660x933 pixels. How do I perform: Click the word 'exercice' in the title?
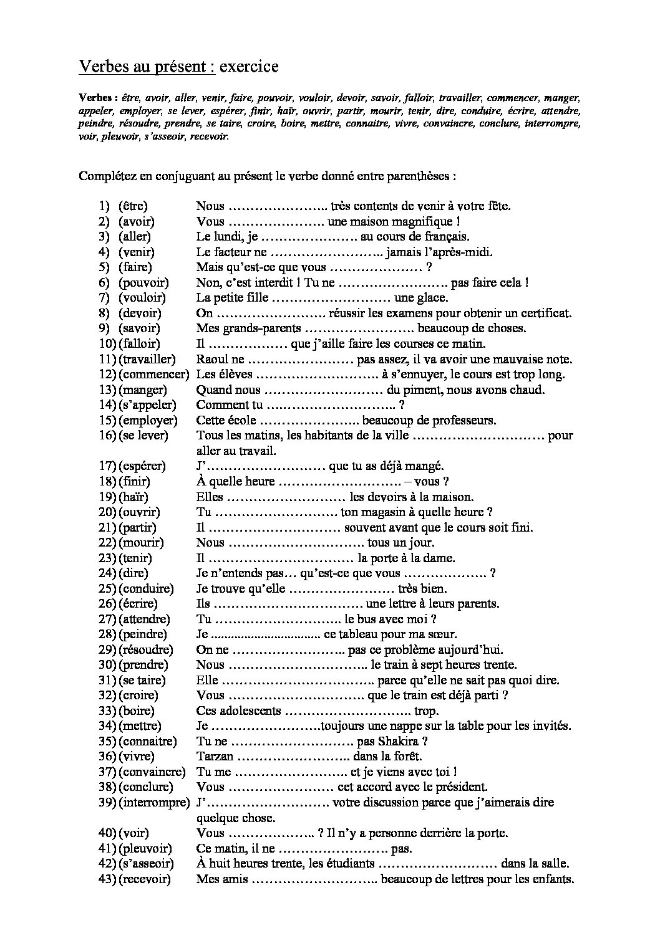[x=249, y=67]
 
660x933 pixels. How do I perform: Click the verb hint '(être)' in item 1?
[x=133, y=206]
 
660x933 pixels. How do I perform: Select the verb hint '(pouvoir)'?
[x=143, y=283]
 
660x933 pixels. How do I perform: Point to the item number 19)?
[x=107, y=497]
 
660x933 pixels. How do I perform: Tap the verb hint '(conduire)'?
[x=145, y=589]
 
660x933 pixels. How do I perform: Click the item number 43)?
[x=107, y=879]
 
